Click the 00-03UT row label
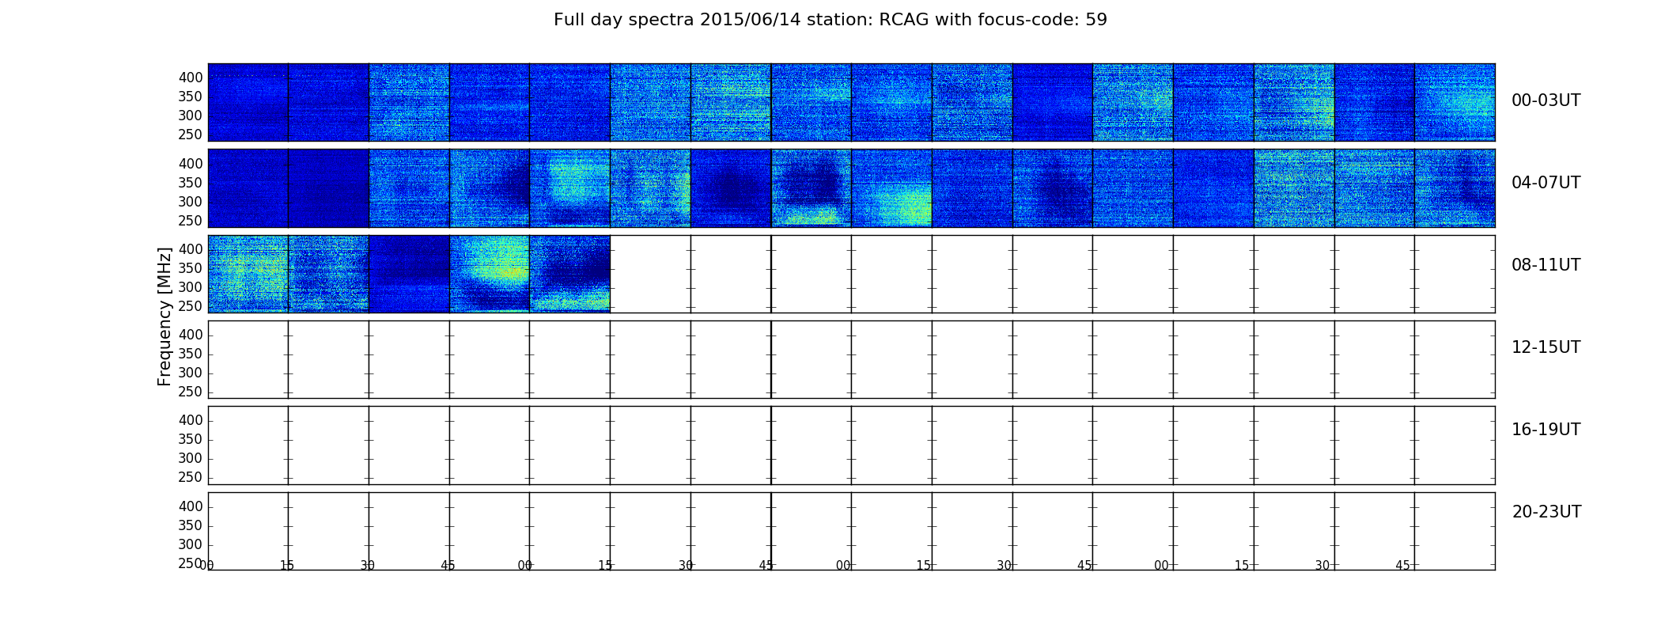pos(1546,100)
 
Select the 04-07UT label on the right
pos(1546,183)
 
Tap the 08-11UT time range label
pos(1546,265)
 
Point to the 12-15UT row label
pos(1546,347)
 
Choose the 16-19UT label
pos(1546,430)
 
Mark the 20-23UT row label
pos(1546,512)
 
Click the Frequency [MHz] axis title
pos(165,316)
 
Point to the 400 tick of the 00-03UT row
pos(191,78)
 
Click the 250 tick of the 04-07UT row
pos(191,221)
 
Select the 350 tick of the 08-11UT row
pos(191,268)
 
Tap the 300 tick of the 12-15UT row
pos(191,373)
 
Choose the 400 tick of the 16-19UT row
pos(191,420)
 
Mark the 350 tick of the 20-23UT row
pos(191,525)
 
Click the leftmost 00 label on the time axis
pos(207,566)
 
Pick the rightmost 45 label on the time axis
pos(1402,566)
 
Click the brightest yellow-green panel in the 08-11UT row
pos(490,274)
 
